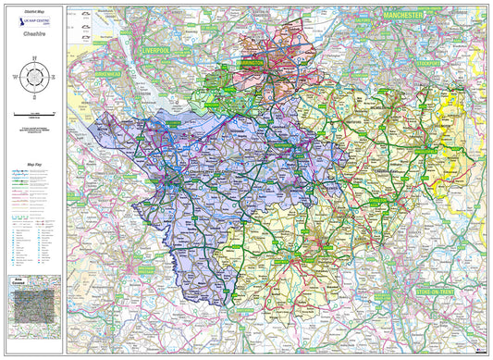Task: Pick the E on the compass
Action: (55, 76)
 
